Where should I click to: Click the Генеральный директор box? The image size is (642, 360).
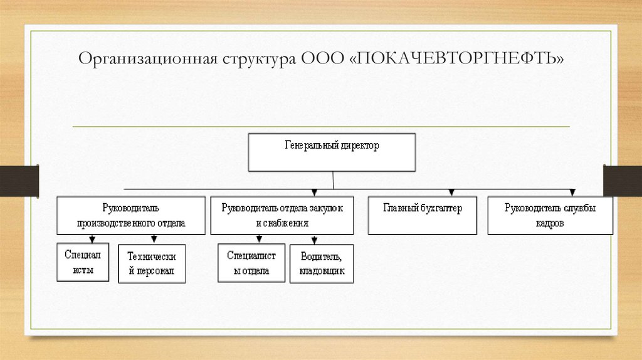click(332, 152)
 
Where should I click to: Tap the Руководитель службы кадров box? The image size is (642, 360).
click(550, 215)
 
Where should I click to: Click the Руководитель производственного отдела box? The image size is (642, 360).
click(131, 215)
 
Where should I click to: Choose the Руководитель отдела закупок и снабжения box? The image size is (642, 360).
click(282, 215)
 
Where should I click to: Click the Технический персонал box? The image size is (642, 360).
click(152, 264)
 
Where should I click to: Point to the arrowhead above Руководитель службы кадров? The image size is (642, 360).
click(571, 193)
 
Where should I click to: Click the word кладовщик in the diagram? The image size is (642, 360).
click(322, 273)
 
